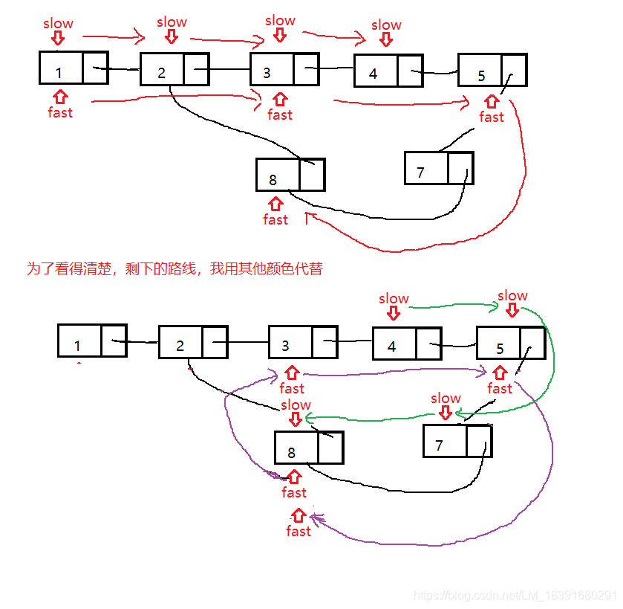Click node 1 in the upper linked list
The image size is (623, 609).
[74, 68]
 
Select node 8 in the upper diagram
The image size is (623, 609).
[290, 175]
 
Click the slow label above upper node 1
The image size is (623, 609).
[58, 23]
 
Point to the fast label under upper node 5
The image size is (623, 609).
[491, 117]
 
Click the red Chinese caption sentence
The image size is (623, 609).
[174, 268]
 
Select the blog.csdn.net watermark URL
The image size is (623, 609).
[515, 596]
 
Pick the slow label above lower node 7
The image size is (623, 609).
[446, 399]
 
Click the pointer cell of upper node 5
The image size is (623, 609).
[514, 70]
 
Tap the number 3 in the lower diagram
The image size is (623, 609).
[285, 346]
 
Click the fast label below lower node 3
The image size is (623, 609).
[292, 388]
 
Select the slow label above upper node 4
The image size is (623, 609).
[386, 25]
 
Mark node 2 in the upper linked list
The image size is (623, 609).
[174, 69]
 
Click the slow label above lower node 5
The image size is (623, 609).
[512, 296]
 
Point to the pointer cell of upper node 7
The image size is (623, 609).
[460, 168]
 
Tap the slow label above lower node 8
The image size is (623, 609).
[296, 405]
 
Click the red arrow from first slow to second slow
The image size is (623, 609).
[112, 35]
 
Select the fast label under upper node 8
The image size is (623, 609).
[275, 219]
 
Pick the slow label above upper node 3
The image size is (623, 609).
[280, 20]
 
